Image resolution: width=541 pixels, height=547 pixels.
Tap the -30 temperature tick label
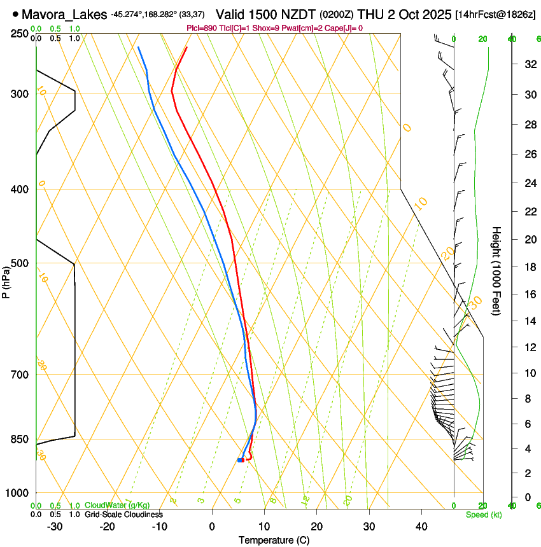[55, 526]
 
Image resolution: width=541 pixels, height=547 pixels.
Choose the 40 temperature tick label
[421, 526]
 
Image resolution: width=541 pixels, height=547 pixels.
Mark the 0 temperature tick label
[212, 526]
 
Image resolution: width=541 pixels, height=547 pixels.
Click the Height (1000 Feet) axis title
[497, 270]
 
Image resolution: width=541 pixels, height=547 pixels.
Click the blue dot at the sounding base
[240, 460]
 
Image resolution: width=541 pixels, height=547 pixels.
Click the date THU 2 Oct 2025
[405, 13]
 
